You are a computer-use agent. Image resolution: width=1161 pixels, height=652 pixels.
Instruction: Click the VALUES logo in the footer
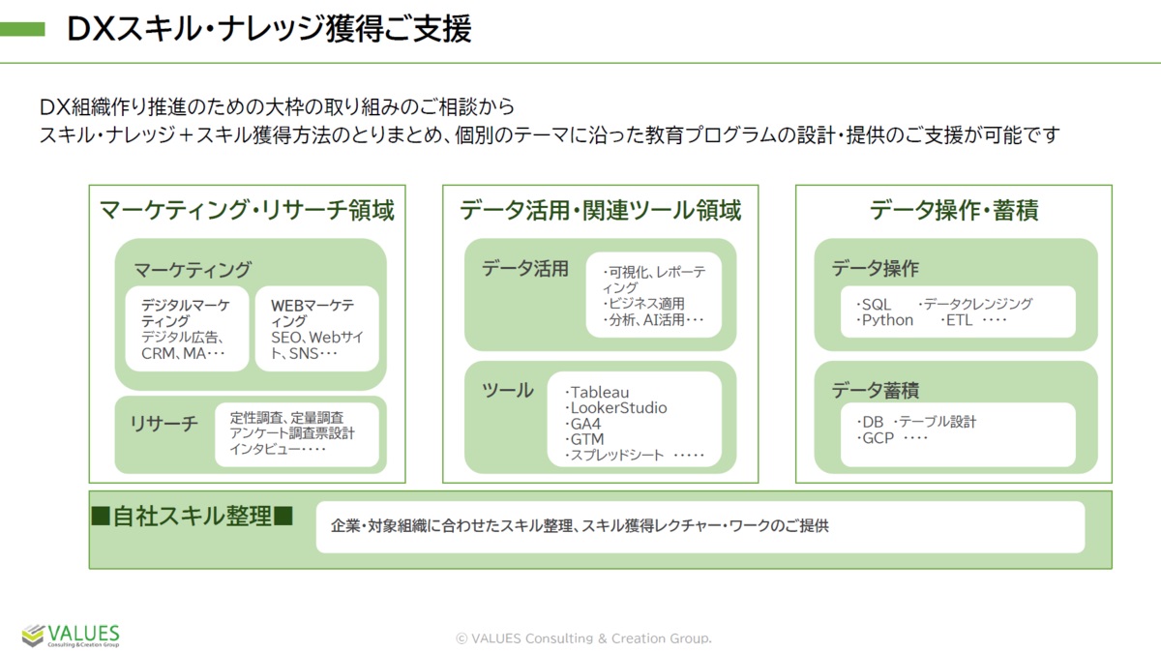pyautogui.click(x=71, y=636)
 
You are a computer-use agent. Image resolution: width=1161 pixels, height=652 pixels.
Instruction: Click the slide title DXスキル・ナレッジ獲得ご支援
pyautogui.click(x=269, y=28)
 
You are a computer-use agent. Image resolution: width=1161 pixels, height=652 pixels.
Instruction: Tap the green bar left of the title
pyautogui.click(x=22, y=29)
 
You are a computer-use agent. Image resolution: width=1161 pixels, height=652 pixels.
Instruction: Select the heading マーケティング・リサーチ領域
pyautogui.click(x=247, y=211)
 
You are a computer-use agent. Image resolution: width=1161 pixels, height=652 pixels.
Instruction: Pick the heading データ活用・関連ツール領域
pyautogui.click(x=600, y=211)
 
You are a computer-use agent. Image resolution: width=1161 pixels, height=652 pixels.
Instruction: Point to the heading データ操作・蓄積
pyautogui.click(x=954, y=211)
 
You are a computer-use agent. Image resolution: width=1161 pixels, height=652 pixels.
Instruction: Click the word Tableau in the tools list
pyautogui.click(x=600, y=393)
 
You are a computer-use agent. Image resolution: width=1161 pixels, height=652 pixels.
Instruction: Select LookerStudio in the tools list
pyautogui.click(x=618, y=408)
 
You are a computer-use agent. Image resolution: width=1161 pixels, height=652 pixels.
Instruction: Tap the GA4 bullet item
pyautogui.click(x=583, y=424)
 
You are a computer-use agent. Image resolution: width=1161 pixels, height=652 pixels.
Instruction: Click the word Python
pyautogui.click(x=887, y=320)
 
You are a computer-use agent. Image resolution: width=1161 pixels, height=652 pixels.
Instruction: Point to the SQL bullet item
pyautogui.click(x=874, y=304)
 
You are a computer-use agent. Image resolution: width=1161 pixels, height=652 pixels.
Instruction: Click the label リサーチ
pyautogui.click(x=164, y=424)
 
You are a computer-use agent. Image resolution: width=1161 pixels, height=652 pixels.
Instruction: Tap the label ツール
pyautogui.click(x=507, y=390)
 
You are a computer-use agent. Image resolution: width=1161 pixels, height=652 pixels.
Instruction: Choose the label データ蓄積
pyautogui.click(x=876, y=390)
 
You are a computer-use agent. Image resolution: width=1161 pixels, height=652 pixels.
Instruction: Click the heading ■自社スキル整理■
pyautogui.click(x=193, y=517)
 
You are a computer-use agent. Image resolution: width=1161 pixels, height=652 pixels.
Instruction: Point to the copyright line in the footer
pyautogui.click(x=583, y=638)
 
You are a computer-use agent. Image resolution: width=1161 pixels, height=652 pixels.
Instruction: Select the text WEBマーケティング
pyautogui.click(x=312, y=313)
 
